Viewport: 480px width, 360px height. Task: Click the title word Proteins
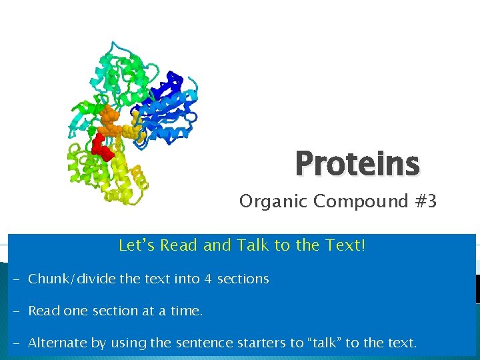coord(357,165)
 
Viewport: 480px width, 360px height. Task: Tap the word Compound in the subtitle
coord(352,201)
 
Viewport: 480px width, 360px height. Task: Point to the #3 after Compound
coord(423,201)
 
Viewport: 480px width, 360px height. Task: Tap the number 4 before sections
coord(208,279)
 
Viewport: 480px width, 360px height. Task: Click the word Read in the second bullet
coord(43,311)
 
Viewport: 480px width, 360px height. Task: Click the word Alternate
coord(57,343)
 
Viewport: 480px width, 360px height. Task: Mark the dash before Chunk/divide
coord(15,279)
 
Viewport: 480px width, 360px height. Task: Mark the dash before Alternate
coord(15,343)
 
